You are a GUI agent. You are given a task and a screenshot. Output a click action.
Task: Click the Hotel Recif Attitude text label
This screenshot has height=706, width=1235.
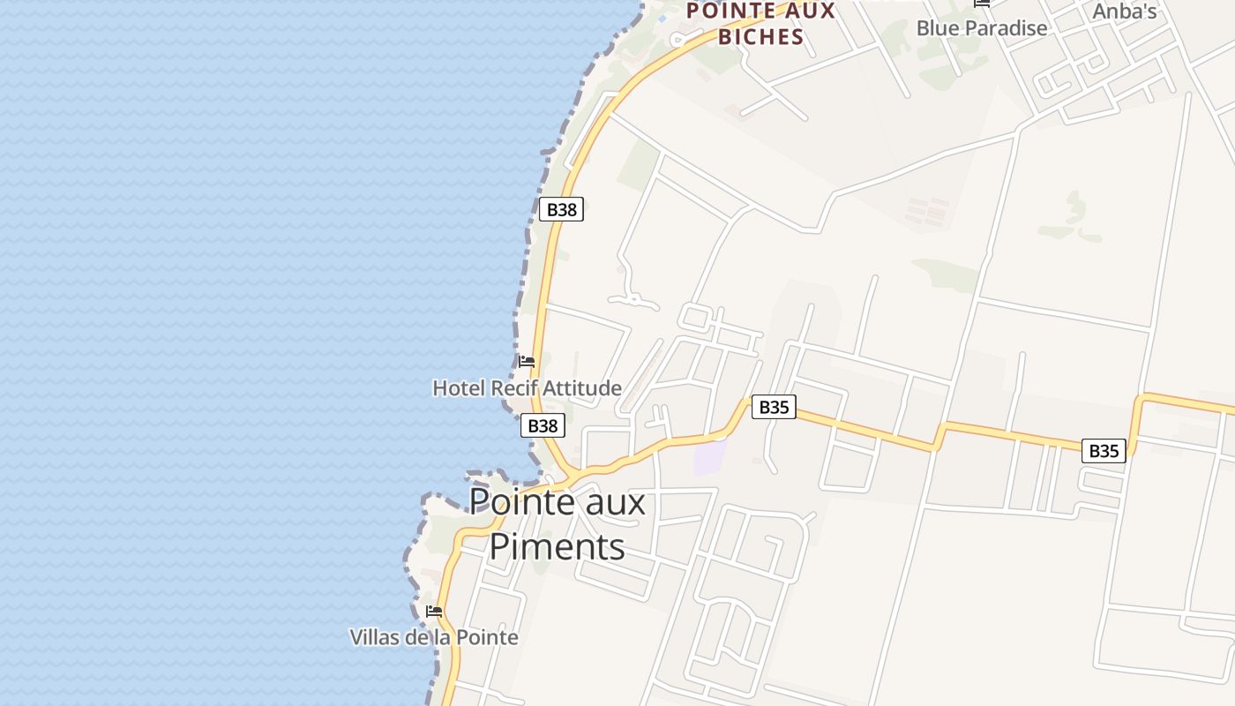[x=527, y=387]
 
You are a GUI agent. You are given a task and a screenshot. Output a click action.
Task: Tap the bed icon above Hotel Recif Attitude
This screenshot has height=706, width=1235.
[x=527, y=362]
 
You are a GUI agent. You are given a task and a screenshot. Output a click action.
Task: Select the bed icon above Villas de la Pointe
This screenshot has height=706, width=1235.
[x=434, y=611]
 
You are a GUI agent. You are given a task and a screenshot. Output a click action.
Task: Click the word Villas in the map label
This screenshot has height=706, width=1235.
[x=374, y=637]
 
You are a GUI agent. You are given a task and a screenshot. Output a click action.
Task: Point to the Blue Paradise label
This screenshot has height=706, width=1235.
[x=982, y=27]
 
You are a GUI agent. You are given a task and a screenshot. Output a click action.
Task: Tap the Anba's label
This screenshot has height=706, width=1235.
[x=1125, y=11]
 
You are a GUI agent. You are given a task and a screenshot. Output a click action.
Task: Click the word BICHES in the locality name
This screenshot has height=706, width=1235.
[x=761, y=36]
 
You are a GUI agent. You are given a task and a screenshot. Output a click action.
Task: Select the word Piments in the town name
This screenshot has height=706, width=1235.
[x=557, y=546]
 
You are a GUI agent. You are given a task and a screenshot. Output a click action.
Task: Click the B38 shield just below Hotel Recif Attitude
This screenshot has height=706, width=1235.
[x=543, y=425]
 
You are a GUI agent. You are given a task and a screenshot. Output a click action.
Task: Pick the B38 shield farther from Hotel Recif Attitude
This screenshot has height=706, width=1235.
[x=562, y=209]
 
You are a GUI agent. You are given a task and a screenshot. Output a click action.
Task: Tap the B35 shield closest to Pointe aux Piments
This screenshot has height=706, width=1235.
[x=774, y=407]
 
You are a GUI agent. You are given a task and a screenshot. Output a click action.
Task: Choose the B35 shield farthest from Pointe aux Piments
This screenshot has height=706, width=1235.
[x=1104, y=451]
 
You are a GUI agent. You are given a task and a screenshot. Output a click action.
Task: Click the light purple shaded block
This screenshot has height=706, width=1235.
[x=710, y=457]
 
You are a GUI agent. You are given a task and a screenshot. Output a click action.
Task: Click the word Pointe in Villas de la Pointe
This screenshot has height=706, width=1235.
[x=490, y=637]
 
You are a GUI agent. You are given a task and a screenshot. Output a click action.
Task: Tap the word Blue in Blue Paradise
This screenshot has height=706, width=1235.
[x=936, y=27]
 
